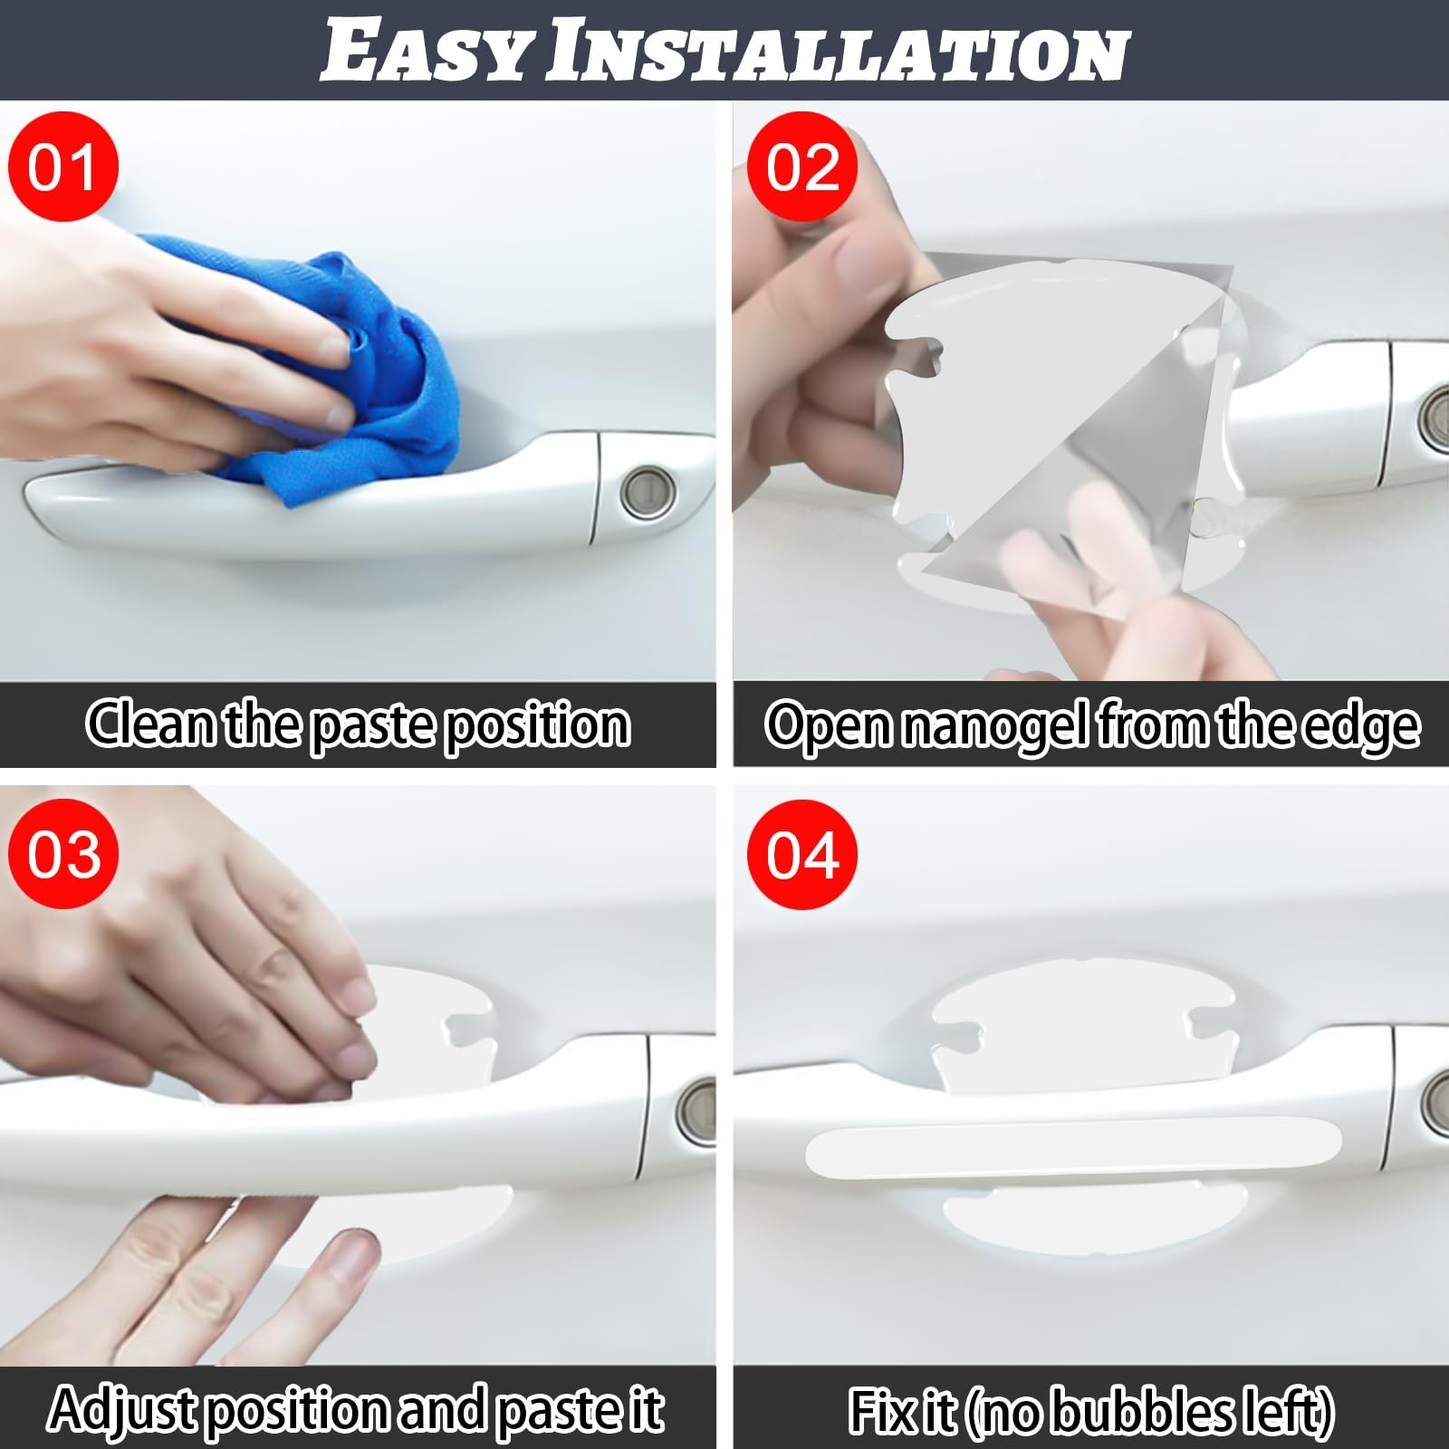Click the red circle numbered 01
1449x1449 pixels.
(62, 167)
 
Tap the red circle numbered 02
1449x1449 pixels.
(802, 167)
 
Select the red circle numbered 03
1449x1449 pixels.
(62, 855)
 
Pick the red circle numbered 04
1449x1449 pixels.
(802, 855)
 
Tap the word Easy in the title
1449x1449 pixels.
(426, 52)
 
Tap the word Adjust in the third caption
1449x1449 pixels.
(122, 1411)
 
